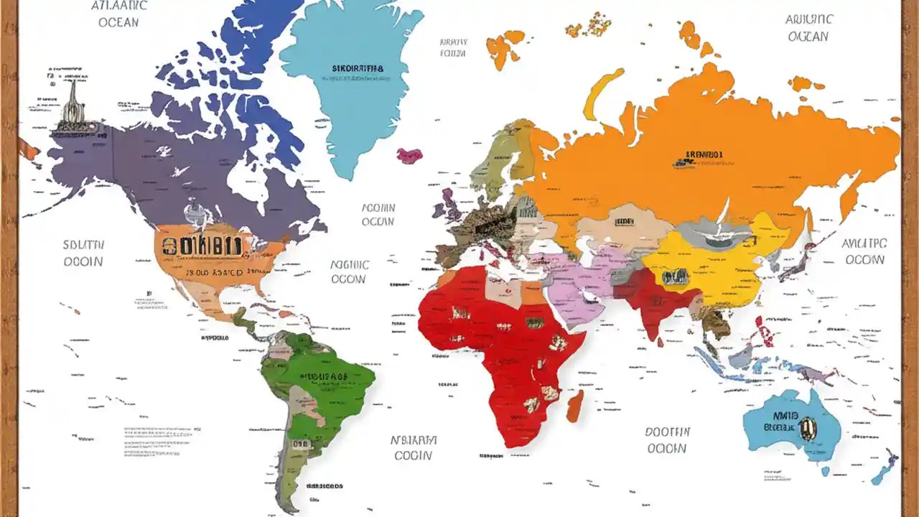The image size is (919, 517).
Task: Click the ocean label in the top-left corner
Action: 118,14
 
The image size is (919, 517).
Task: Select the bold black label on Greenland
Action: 358,69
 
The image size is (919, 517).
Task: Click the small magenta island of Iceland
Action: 410,155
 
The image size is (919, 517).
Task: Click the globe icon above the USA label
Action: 195,213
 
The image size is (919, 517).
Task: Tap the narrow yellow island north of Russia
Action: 600,93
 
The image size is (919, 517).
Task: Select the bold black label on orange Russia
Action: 704,154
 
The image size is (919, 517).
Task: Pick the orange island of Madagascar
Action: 575,406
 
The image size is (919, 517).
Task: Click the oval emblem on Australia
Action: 808,428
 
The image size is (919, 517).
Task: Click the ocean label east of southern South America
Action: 413,447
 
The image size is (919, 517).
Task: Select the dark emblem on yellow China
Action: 675,277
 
